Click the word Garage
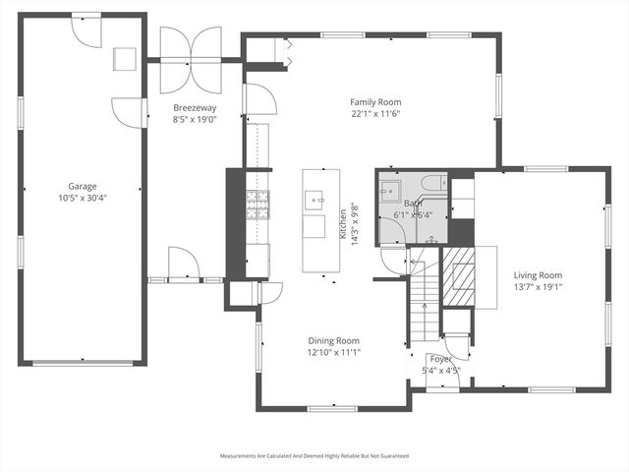82,185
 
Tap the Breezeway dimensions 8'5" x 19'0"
195,119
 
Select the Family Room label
376,101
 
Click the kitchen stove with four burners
257,205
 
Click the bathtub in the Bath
430,184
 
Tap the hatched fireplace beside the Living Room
459,279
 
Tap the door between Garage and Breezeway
129,110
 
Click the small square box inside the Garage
126,59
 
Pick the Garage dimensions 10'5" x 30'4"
82,197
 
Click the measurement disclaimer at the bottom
314,456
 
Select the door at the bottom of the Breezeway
184,265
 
